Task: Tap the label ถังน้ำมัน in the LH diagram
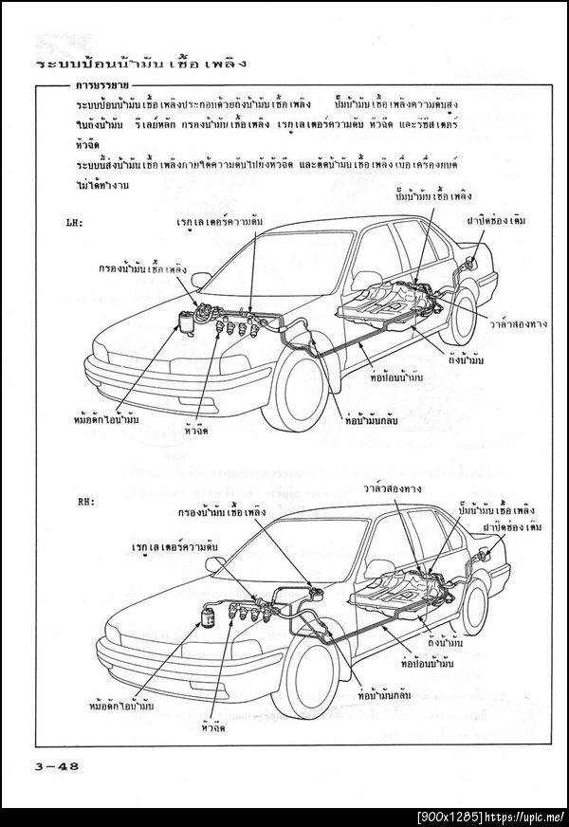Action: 465,361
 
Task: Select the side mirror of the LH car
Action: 200,279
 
